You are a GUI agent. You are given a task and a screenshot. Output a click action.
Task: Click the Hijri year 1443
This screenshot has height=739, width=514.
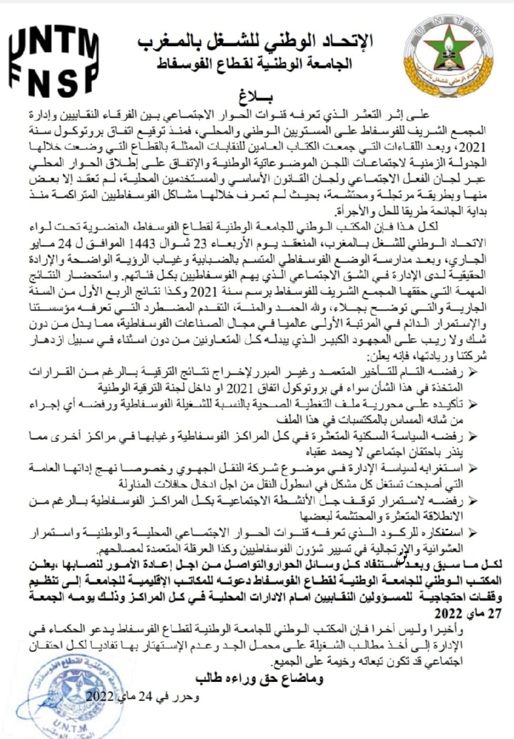point(142,244)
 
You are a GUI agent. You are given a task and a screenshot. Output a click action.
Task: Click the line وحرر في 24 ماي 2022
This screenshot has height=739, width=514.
point(143,697)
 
